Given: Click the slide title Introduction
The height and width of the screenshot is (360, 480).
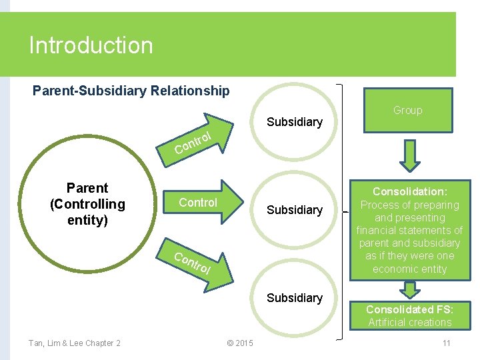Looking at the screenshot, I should point(91,45).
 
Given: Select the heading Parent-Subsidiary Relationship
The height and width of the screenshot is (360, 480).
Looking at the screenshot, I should point(131,91).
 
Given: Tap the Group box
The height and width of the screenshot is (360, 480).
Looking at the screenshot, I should point(407,110).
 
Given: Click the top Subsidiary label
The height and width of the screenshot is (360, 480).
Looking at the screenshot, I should point(294,122).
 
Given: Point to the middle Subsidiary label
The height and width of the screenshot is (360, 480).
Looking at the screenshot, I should point(294,210).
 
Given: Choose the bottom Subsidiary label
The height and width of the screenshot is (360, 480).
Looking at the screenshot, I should point(294,298).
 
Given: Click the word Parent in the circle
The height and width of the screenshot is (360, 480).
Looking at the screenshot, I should point(87,188).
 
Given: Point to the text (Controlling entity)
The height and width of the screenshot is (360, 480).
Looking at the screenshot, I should point(87,211).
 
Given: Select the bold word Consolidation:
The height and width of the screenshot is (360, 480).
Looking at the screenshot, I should point(409,191).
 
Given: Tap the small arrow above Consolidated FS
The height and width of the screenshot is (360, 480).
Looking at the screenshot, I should point(409,290).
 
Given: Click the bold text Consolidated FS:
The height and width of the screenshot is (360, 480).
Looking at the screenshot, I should point(409,309).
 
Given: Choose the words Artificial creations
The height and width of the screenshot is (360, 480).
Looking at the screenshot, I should point(409,323).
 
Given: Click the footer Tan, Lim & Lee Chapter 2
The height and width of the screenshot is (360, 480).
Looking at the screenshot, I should point(74,343).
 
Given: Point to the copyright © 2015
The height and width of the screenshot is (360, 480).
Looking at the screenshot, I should point(240,343).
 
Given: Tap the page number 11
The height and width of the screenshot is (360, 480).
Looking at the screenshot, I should point(446,343).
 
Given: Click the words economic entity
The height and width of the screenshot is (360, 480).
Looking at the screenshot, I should point(409,269).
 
